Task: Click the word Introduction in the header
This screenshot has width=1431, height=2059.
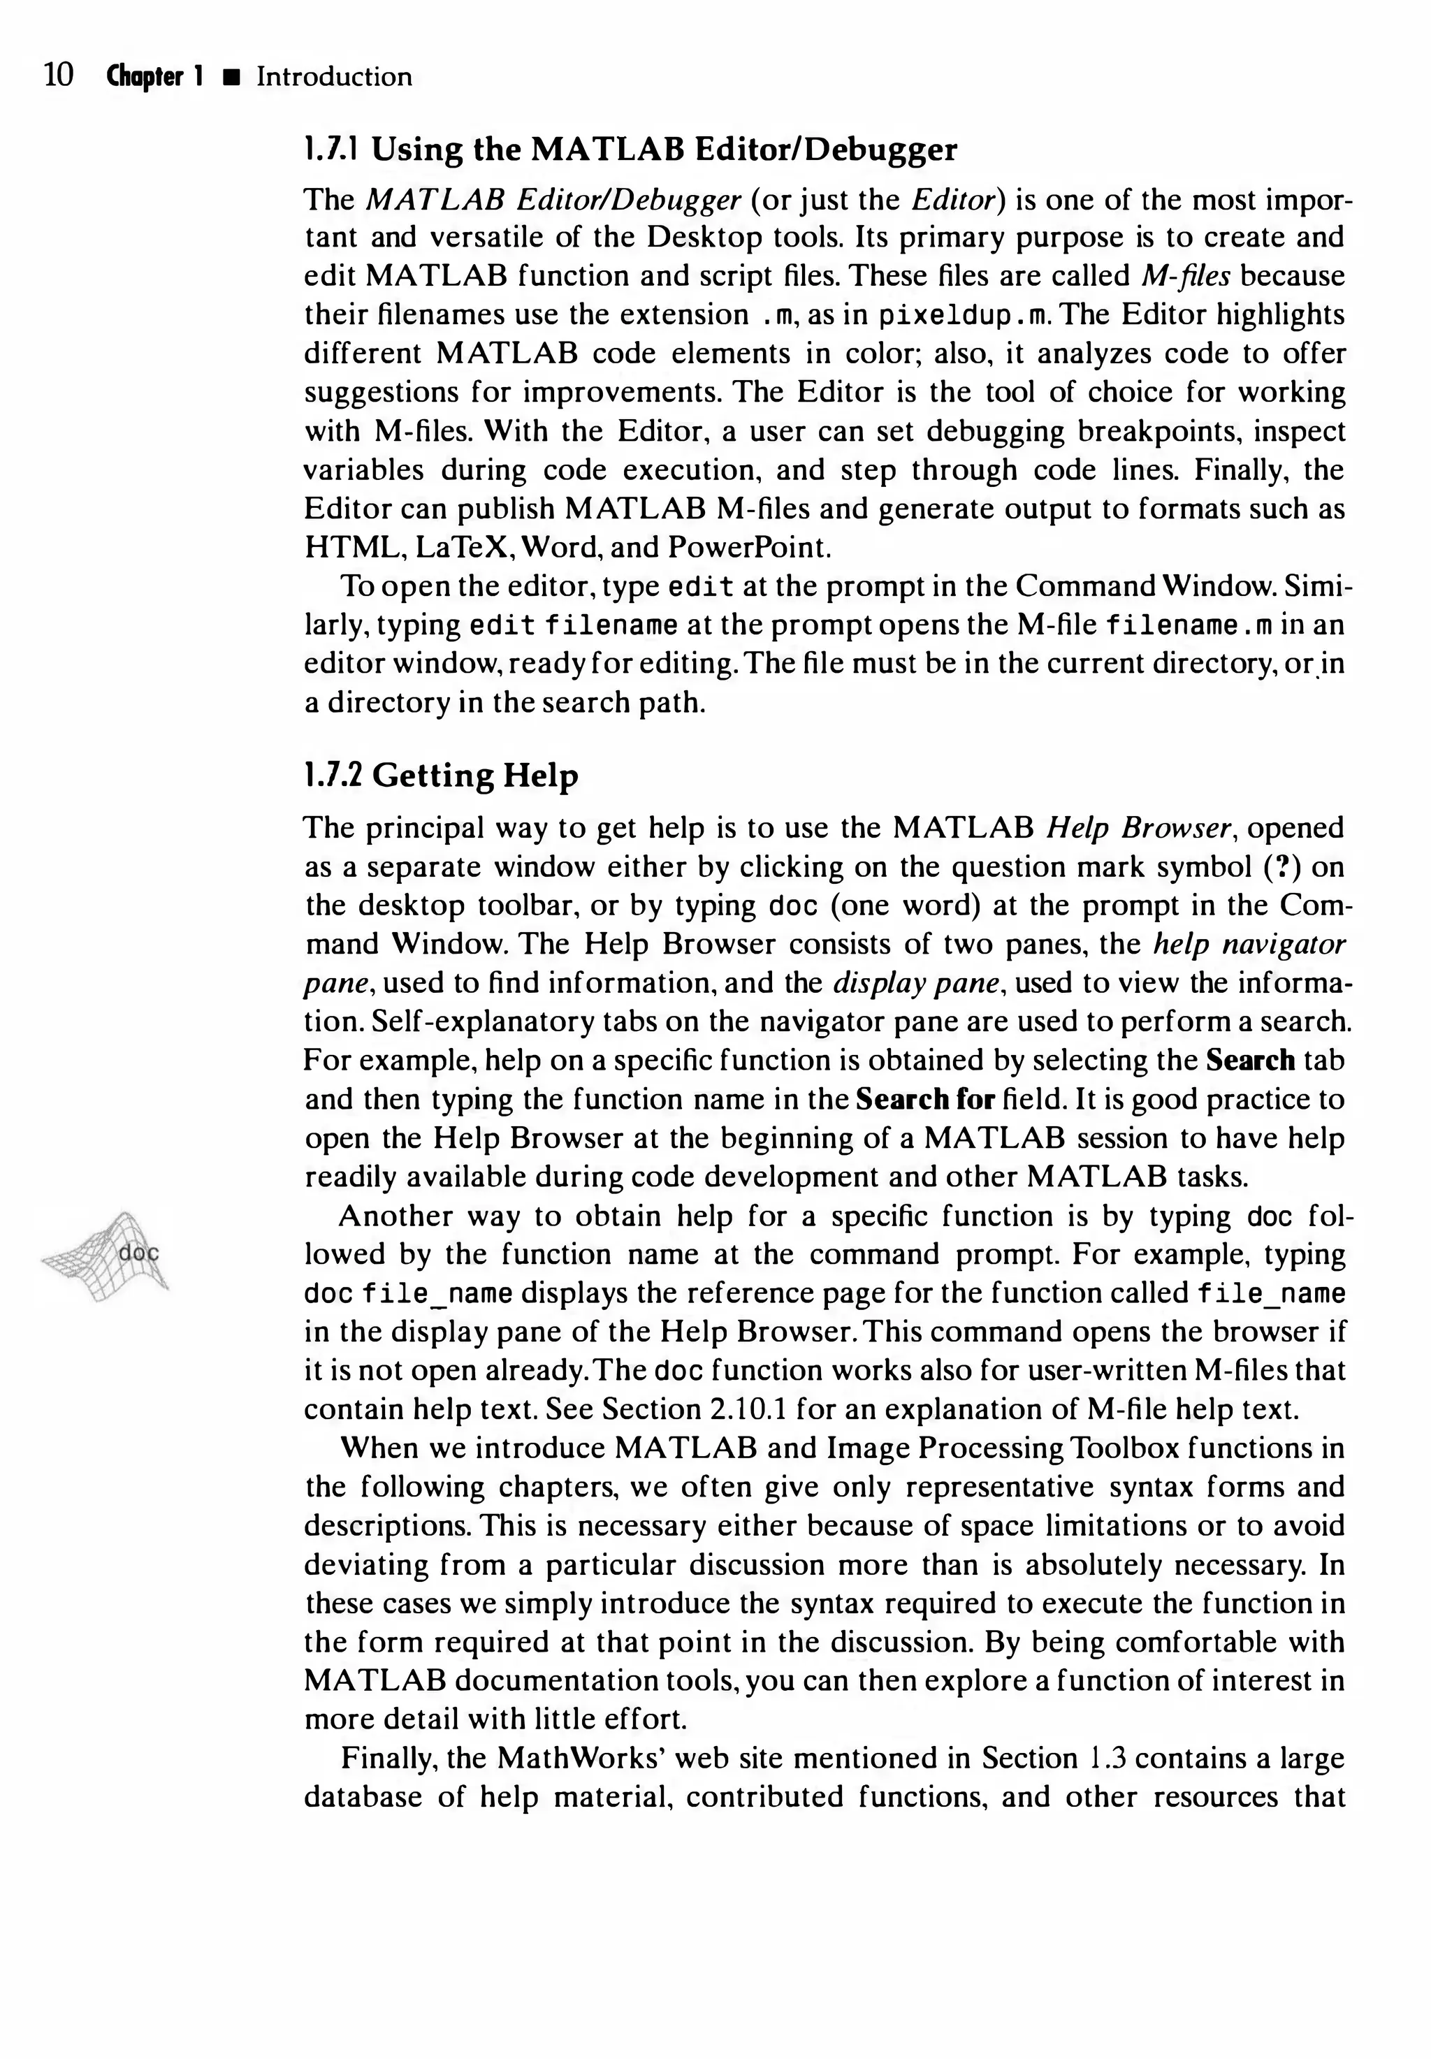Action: point(333,77)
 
